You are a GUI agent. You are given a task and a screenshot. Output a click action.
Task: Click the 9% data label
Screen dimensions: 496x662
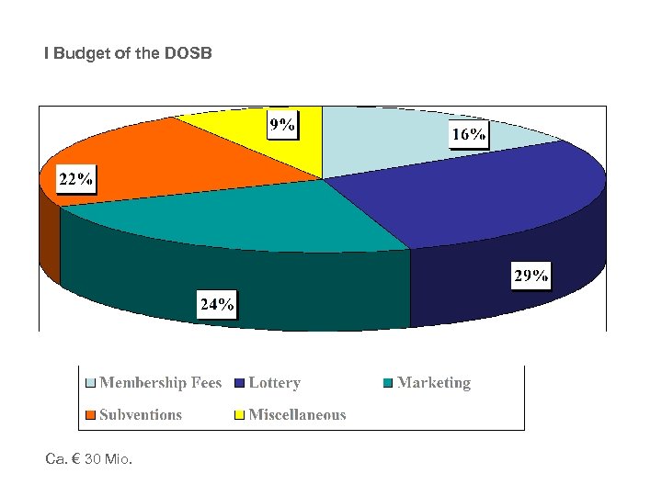pos(282,126)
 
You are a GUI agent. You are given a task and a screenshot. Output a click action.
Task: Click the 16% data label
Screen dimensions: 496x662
pos(468,135)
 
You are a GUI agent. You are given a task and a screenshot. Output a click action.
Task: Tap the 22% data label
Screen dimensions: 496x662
pos(75,179)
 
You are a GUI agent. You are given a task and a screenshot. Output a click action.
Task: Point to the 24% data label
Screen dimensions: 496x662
pos(217,304)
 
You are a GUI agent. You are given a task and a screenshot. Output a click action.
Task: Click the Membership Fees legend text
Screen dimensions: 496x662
pos(160,383)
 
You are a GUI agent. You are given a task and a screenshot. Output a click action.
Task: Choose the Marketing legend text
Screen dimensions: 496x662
pos(433,383)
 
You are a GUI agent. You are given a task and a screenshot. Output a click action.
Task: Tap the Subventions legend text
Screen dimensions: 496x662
pos(141,414)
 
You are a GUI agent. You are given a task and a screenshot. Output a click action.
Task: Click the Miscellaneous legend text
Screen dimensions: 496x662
pos(297,414)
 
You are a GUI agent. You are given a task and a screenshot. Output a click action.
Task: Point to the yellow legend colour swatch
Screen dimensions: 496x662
pos(240,414)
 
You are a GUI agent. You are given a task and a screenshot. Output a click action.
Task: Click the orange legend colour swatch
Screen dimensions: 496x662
pos(90,414)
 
